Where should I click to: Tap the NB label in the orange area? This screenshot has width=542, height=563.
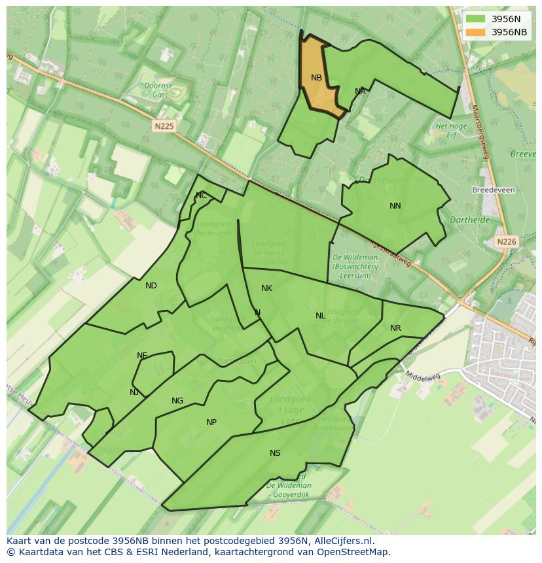[x=316, y=78]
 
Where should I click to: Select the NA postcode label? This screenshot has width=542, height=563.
[x=360, y=92]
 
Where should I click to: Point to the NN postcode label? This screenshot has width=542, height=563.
[x=395, y=206]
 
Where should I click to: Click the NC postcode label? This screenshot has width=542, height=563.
[x=201, y=196]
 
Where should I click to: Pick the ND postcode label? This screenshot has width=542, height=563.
[x=151, y=286]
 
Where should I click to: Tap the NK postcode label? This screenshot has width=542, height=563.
[x=266, y=288]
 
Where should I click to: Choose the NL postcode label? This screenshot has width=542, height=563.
[x=320, y=316]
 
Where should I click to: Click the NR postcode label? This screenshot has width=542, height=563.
[x=395, y=328]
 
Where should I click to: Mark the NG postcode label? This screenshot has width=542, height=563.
[x=177, y=401]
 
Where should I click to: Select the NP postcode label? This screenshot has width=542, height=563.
[x=211, y=422]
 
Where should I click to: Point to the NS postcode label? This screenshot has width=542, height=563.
[x=275, y=453]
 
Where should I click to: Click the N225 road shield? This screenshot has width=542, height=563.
[x=164, y=126]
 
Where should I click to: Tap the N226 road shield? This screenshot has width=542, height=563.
[x=506, y=242]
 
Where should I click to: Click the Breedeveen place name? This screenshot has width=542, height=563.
[x=493, y=190]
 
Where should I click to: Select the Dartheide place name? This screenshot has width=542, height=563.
[x=470, y=220]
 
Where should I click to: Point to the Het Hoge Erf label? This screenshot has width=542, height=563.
[x=451, y=131]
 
